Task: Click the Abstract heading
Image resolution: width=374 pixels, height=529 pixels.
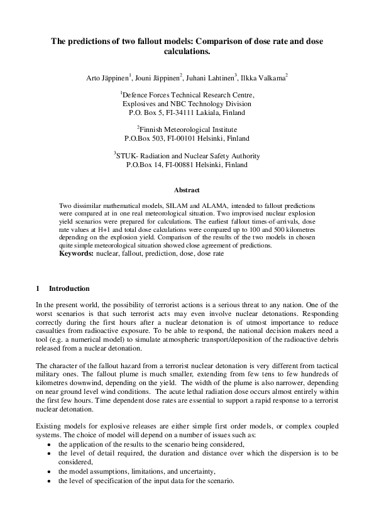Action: [187, 190]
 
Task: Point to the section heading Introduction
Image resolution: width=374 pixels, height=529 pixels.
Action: [69, 288]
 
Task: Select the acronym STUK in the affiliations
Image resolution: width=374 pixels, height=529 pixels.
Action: [128, 156]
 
